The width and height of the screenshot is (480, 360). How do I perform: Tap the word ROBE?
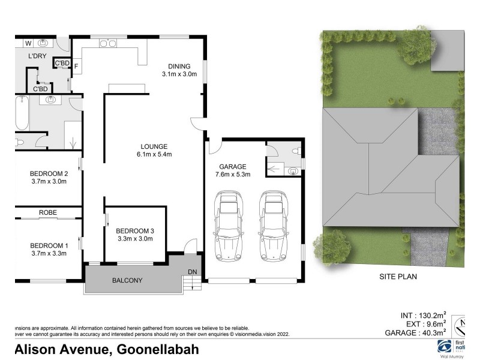pyautogui.click(x=48, y=212)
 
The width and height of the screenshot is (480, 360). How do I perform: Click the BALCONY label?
pyautogui.click(x=127, y=280)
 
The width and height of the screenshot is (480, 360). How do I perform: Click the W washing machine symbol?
pyautogui.click(x=28, y=43)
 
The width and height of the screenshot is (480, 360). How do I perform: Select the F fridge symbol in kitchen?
pyautogui.click(x=76, y=66)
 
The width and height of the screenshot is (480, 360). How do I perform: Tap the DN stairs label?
pyautogui.click(x=192, y=272)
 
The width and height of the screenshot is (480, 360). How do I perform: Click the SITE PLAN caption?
pyautogui.click(x=398, y=277)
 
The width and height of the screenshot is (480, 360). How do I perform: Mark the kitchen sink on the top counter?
pyautogui.click(x=108, y=43)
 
